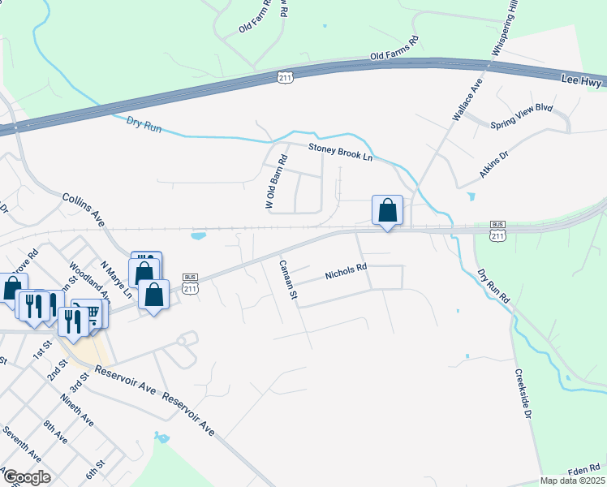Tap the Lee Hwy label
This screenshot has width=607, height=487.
click(x=583, y=79)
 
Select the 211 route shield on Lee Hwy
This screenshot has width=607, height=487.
click(x=284, y=77)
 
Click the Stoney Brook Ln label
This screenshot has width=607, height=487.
click(x=339, y=151)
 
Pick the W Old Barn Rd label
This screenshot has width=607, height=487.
click(x=277, y=183)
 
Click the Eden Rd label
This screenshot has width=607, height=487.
click(x=583, y=470)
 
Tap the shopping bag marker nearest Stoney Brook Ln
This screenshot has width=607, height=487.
click(x=388, y=211)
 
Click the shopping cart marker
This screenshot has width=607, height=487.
click(x=92, y=312)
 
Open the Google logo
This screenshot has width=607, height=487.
click(x=26, y=476)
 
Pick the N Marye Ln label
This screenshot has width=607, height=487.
click(x=116, y=275)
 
